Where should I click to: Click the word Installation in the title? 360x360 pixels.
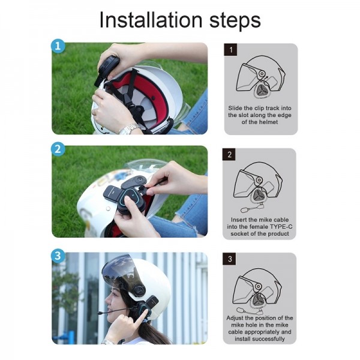point(146,20)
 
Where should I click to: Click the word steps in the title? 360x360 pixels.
point(230,21)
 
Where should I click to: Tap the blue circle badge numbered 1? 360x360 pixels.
point(58,46)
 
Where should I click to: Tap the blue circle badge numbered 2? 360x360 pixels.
point(58,149)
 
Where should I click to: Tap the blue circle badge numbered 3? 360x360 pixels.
point(58,256)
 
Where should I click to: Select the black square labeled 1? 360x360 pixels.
point(230,50)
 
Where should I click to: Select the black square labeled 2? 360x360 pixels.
point(230,155)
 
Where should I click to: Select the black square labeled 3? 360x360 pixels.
point(230,260)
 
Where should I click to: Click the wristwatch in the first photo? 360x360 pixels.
point(128,128)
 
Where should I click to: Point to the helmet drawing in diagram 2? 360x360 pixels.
point(259,183)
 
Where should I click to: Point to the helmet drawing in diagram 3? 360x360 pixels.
point(259,288)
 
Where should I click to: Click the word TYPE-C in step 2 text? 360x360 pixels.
point(272,227)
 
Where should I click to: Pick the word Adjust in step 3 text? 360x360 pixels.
point(239,318)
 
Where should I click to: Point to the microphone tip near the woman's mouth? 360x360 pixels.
point(100,312)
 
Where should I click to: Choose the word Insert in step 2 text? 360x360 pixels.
point(242,220)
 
